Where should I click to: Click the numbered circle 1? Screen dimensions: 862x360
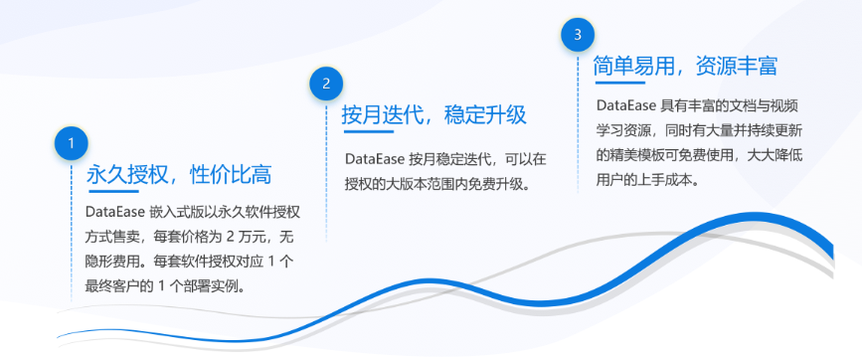pos(71,143)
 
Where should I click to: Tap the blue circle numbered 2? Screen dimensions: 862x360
pos(326,84)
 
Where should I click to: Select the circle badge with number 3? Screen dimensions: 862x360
pos(578,35)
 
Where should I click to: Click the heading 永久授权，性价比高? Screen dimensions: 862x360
pos(179,175)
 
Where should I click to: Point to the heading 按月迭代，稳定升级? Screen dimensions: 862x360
pos(434,115)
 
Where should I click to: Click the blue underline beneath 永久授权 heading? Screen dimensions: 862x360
pos(113,191)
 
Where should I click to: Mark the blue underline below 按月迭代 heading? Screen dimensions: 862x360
pos(369,131)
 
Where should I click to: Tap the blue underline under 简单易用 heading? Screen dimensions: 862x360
pos(620,83)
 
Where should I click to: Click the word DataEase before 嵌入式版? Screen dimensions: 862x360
pos(114,212)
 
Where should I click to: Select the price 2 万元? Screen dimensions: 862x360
pos(251,238)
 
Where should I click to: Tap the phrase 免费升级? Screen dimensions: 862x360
pos(494,184)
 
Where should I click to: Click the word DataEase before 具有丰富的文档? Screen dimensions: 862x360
pos(625,105)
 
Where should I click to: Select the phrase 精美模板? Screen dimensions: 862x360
pos(637,155)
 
